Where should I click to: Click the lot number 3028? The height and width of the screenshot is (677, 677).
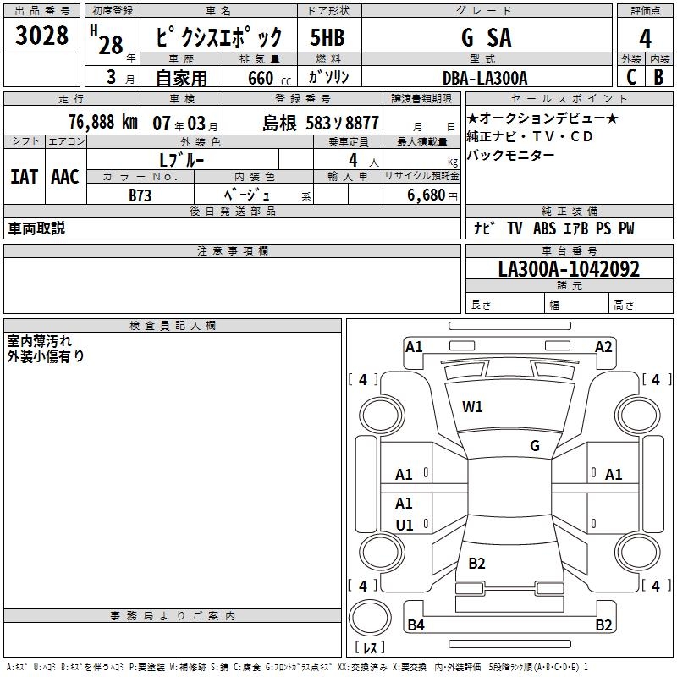(42, 37)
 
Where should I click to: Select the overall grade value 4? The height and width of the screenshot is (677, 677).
(645, 39)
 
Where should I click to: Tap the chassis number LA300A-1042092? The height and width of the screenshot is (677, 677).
(569, 270)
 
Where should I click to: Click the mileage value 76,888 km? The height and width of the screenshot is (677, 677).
(102, 122)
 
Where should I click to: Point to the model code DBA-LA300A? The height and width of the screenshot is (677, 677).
(485, 78)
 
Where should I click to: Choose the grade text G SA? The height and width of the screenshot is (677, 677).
(486, 38)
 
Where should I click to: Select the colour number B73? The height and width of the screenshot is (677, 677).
(140, 195)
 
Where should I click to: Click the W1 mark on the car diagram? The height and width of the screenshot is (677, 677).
(472, 407)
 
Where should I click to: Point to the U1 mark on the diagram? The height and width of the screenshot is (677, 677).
(405, 526)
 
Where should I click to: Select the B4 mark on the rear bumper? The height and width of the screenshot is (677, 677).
(416, 625)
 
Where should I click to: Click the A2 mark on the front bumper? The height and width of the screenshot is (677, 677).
(603, 347)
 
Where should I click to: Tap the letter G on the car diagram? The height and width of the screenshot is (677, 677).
(535, 446)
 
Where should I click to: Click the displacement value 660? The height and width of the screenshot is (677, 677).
(261, 79)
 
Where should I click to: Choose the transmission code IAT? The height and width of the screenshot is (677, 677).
(24, 177)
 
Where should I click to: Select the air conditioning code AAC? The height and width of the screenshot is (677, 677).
(64, 177)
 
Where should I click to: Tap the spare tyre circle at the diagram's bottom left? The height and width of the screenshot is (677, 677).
(370, 619)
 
